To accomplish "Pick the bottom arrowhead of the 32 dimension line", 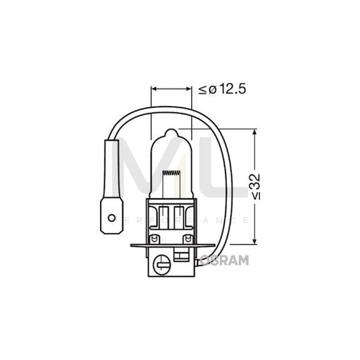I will pyautogui.click(x=253, y=241).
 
